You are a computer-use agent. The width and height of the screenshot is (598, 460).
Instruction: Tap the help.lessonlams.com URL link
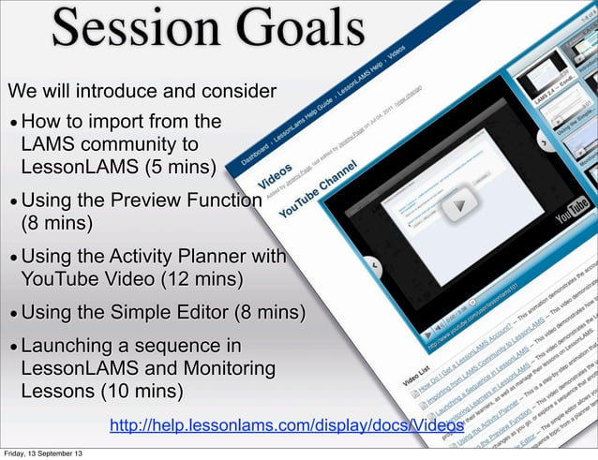[286, 427]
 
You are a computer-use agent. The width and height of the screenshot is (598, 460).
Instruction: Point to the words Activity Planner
[170, 256]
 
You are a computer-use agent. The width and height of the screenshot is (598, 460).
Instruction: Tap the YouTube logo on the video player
[573, 215]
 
